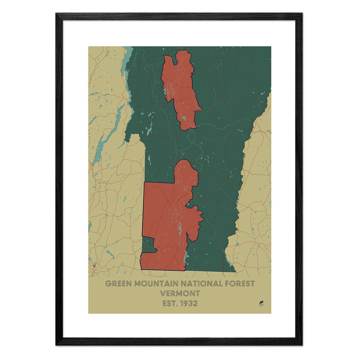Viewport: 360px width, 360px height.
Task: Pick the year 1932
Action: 188,303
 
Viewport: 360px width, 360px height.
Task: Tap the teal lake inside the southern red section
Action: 179,229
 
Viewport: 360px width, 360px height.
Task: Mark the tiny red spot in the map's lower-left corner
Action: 94,265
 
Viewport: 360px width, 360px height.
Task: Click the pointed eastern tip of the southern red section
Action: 204,219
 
